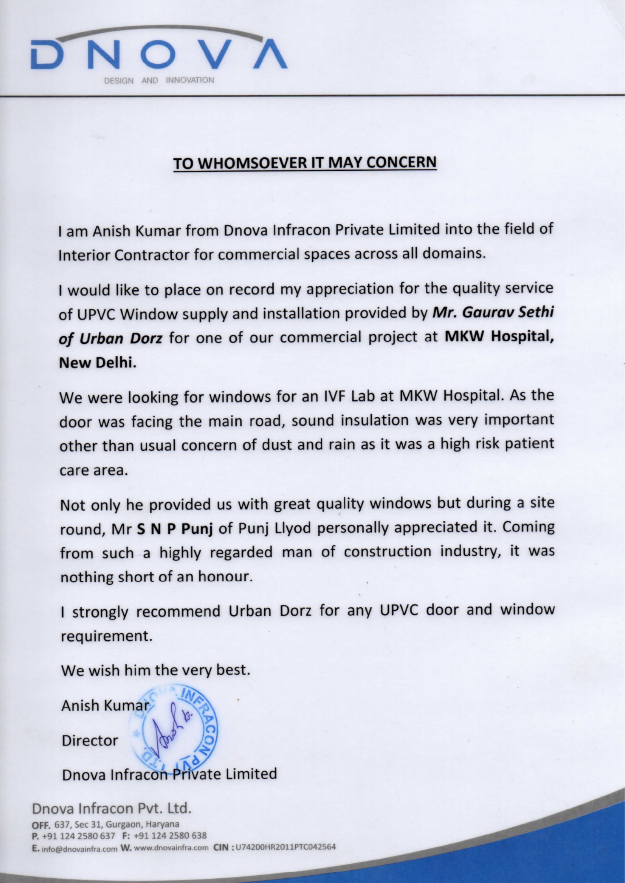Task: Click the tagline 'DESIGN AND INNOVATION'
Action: [159, 81]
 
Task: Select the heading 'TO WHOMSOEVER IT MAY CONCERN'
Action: [305, 162]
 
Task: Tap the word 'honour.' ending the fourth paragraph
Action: [224, 577]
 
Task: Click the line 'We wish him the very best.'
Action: [156, 669]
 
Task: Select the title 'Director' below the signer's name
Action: [89, 741]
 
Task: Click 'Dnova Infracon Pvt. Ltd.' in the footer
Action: [112, 808]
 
